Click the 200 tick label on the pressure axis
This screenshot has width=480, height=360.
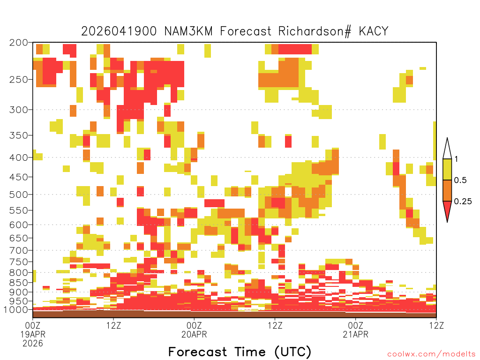(19, 43)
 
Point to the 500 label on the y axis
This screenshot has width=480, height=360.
(19, 195)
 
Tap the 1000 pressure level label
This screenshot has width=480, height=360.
(15, 309)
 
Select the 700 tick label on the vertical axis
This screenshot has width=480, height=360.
(19, 250)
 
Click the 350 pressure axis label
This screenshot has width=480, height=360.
(19, 135)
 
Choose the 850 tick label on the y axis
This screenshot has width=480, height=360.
(19, 283)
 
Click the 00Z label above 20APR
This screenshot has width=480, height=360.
(194, 325)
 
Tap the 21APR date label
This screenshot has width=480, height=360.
(356, 334)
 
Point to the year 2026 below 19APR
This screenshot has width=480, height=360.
(33, 343)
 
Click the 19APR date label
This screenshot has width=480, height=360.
(33, 334)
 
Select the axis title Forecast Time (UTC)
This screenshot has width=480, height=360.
(240, 352)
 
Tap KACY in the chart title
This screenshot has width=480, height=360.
(374, 31)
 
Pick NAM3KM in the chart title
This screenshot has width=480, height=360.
(188, 31)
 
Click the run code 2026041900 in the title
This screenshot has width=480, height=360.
(119, 31)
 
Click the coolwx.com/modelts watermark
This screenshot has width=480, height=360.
(432, 354)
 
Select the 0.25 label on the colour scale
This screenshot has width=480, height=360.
(463, 202)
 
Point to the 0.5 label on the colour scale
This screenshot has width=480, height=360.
(460, 180)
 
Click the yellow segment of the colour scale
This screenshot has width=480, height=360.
(447, 170)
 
